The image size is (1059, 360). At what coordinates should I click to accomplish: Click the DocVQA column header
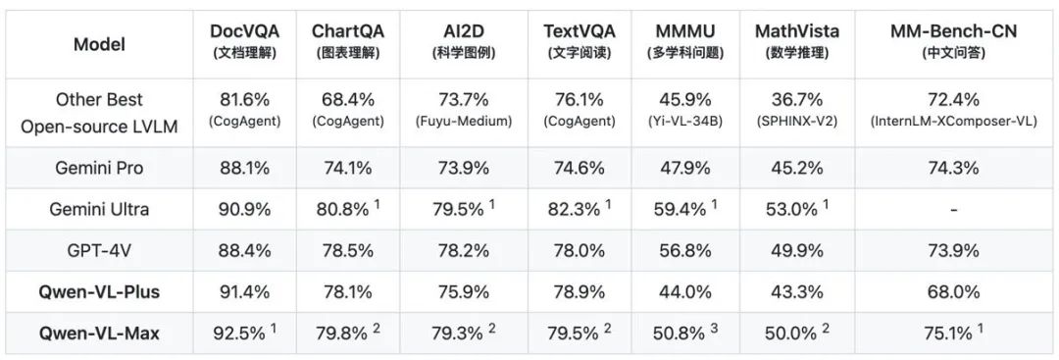pyautogui.click(x=244, y=30)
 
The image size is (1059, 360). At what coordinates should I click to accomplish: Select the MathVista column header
pyautogui.click(x=797, y=30)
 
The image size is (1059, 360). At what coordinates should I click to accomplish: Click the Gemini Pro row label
pyautogui.click(x=100, y=168)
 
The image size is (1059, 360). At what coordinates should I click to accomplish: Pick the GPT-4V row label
pyautogui.click(x=100, y=250)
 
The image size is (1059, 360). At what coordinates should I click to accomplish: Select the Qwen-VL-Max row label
pyautogui.click(x=100, y=333)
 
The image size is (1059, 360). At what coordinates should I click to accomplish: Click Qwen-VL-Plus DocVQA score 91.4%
pyautogui.click(x=244, y=291)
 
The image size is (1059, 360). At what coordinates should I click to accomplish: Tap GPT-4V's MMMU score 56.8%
pyautogui.click(x=683, y=250)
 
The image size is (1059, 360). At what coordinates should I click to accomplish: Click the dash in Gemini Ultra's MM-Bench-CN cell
pyautogui.click(x=952, y=210)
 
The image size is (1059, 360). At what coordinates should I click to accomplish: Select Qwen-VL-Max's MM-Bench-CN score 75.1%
pyautogui.click(x=947, y=333)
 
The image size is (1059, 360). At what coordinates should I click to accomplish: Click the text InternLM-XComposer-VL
pyautogui.click(x=952, y=123)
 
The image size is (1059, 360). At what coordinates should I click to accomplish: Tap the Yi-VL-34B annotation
pyautogui.click(x=683, y=123)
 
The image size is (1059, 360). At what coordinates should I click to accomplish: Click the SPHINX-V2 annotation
pyautogui.click(x=797, y=123)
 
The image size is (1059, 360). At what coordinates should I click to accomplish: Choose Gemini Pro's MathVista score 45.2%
pyautogui.click(x=797, y=168)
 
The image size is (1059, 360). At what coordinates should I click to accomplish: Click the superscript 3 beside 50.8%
pyautogui.click(x=715, y=329)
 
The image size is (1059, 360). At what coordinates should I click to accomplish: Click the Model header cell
pyautogui.click(x=100, y=44)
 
